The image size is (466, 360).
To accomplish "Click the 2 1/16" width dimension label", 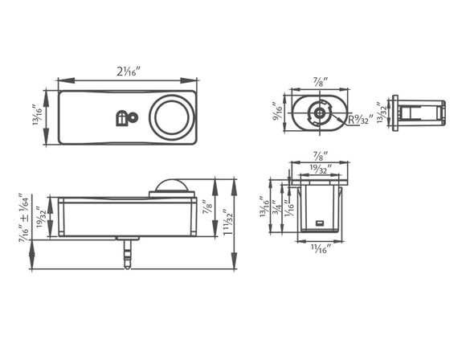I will [x=128, y=72].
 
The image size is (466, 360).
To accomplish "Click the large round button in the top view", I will [x=171, y=117].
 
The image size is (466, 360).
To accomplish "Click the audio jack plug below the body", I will [x=127, y=252].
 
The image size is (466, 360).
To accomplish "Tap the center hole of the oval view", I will [x=319, y=114].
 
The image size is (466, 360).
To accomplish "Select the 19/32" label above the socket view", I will [x=319, y=169].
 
